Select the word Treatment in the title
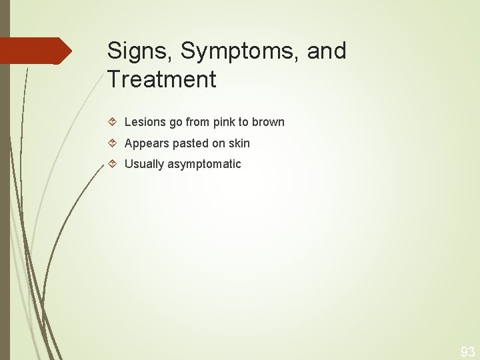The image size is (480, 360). point(161,80)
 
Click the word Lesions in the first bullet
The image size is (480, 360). point(145,122)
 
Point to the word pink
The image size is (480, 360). point(225,122)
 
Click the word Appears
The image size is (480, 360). point(147,143)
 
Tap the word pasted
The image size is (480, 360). point(190,143)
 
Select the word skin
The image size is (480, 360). point(238,143)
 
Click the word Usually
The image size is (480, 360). point(145,164)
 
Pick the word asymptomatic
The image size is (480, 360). point(205,164)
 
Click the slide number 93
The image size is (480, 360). point(468,351)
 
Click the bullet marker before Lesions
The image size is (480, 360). point(113,122)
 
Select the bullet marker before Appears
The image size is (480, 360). point(113,143)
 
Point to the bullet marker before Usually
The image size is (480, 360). point(113,164)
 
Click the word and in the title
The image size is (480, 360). point(327,51)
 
